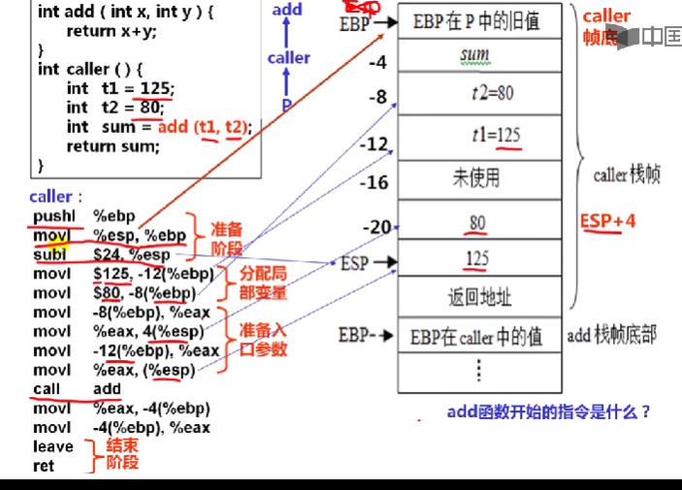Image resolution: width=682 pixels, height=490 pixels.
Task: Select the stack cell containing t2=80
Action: (477, 95)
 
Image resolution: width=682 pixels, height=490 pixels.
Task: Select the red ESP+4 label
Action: (608, 220)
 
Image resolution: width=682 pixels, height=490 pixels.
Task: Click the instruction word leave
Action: (52, 447)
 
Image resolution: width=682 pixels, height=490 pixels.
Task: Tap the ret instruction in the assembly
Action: (44, 466)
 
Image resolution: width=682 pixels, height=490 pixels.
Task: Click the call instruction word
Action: (46, 389)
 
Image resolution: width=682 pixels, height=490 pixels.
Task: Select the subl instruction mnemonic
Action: (51, 255)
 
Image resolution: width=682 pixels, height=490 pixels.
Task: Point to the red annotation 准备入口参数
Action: (263, 340)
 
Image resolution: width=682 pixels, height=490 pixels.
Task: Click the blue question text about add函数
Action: (548, 411)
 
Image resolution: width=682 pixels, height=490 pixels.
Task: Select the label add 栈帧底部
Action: (611, 336)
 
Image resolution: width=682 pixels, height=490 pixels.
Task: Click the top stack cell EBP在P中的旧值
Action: (475, 19)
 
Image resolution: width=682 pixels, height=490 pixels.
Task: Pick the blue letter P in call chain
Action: (287, 103)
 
